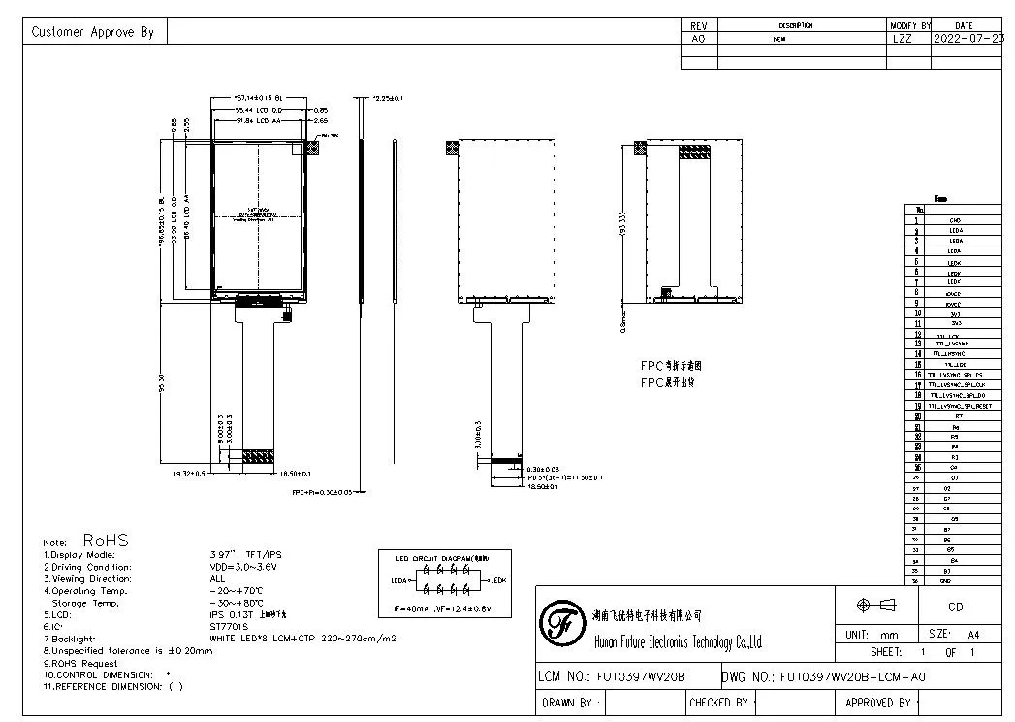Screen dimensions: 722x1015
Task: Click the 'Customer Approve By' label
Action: (x=93, y=32)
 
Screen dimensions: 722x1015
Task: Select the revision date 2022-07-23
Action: (x=967, y=39)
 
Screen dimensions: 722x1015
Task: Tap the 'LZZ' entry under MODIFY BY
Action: (x=902, y=39)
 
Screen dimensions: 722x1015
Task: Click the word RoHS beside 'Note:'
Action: (x=106, y=540)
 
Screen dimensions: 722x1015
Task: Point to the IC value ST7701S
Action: (x=229, y=627)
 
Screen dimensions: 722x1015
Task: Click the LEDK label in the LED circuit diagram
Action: (x=497, y=580)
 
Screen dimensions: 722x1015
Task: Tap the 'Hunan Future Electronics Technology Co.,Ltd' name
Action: (x=677, y=642)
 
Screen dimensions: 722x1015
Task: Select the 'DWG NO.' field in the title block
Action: (x=824, y=676)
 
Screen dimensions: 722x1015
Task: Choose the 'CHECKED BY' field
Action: (x=718, y=702)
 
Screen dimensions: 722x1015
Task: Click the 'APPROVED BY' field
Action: (x=880, y=702)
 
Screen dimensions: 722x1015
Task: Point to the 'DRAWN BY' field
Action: (x=572, y=702)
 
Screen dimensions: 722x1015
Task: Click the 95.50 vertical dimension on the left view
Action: (x=165, y=383)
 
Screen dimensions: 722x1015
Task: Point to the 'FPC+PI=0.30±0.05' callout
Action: (x=329, y=492)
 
